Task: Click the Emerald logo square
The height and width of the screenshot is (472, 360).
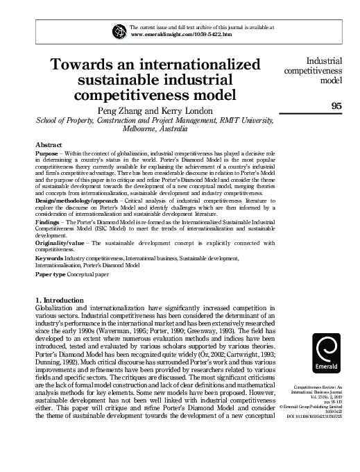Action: tap(328, 347)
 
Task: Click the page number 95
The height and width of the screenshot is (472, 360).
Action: tap(338, 106)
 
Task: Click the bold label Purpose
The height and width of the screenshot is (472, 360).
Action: tap(47, 153)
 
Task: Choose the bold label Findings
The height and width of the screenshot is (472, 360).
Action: tap(49, 241)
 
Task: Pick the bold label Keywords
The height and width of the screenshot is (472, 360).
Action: tap(50, 277)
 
